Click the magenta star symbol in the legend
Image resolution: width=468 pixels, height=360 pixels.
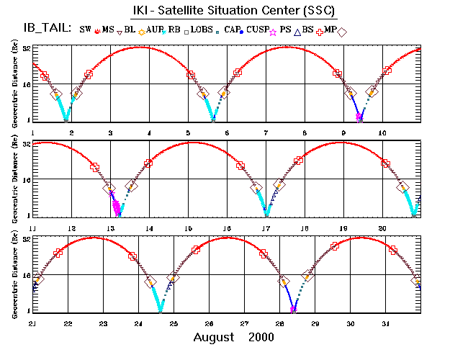click(313, 32)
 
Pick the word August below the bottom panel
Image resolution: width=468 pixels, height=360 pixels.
click(214, 337)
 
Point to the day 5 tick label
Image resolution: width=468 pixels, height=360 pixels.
click(188, 133)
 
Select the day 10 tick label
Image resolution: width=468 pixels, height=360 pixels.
click(382, 133)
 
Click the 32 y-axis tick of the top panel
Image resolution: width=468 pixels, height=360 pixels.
click(26, 48)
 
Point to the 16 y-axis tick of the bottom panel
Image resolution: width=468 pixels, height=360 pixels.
click(26, 274)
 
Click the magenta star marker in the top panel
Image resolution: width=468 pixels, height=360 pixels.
click(359, 116)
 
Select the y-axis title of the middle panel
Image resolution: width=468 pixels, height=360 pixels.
click(15, 179)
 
